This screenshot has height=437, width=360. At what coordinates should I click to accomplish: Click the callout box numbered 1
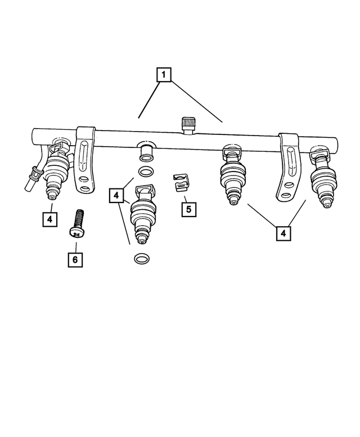(x=163, y=74)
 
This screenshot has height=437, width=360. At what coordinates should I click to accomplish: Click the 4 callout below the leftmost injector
(x=50, y=219)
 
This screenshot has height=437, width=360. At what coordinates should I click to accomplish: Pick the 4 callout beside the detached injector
(x=116, y=195)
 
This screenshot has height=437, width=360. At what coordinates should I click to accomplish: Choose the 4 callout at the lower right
(x=283, y=232)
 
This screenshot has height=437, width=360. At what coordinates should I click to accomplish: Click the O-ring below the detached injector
(x=142, y=258)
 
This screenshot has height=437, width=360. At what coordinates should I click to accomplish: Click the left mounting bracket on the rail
(x=85, y=160)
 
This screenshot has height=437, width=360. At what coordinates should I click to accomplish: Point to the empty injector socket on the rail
(x=147, y=149)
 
